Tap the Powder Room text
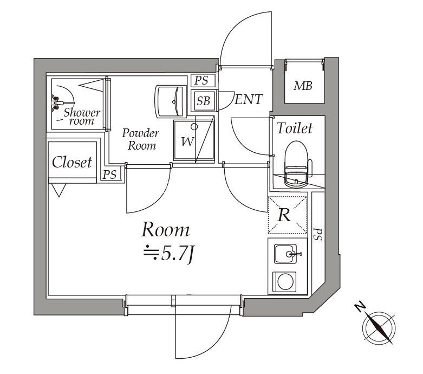(140, 139)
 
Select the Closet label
(72, 162)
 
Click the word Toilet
(295, 128)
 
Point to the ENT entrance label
(249, 99)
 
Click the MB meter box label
(302, 86)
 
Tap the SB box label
(203, 101)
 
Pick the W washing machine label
(187, 142)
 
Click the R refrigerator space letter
(284, 215)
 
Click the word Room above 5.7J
(165, 230)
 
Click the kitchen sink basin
(284, 254)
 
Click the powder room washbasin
(171, 101)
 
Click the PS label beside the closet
(110, 175)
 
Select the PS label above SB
(201, 81)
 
